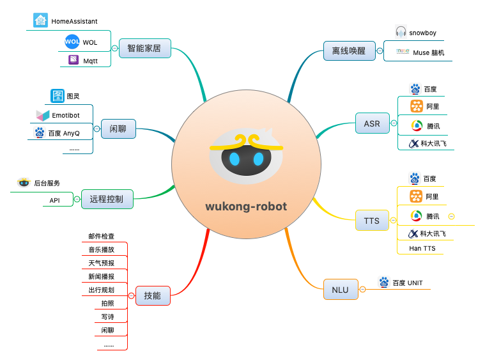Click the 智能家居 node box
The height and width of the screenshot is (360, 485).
click(144, 48)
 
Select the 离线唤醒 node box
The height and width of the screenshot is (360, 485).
click(344, 50)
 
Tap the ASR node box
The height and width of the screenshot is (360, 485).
click(372, 123)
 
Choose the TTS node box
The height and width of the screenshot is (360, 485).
click(371, 221)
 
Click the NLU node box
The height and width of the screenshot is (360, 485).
click(340, 289)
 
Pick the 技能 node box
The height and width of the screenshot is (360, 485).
click(152, 295)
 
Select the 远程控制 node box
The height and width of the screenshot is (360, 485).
click(107, 200)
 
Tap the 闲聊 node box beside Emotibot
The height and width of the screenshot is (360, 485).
click(118, 129)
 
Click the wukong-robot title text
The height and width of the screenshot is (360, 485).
click(246, 207)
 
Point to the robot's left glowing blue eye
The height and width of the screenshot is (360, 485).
click(234, 159)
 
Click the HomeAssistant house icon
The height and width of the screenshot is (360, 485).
click(40, 20)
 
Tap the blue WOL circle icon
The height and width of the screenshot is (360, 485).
click(72, 42)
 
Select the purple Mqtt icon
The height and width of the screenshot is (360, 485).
click(73, 61)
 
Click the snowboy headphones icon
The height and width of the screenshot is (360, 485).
click(401, 32)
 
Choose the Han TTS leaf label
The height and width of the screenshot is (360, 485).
click(422, 248)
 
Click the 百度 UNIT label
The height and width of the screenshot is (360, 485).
click(407, 283)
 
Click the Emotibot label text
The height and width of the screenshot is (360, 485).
click(66, 115)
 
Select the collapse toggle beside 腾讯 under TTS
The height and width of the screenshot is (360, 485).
click(451, 216)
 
